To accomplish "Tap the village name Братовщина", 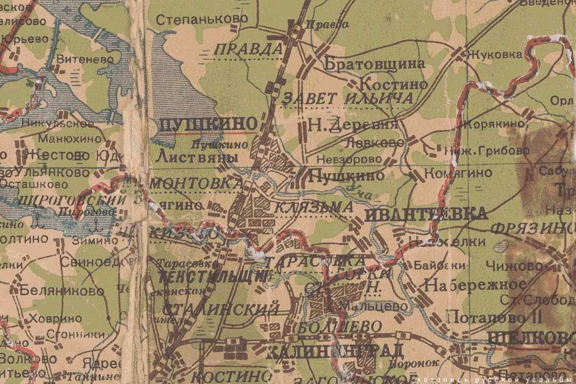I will pyautogui.click(x=374, y=64).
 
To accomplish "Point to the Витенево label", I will pyautogui.click(x=85, y=59).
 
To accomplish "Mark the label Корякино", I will pyautogui.click(x=493, y=124).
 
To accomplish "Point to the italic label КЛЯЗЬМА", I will pyautogui.click(x=314, y=207).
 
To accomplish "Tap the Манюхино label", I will pyautogui.click(x=70, y=139).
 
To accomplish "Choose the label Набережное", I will pyautogui.click(x=475, y=285).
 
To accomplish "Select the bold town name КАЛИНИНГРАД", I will pyautogui.click(x=335, y=351).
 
